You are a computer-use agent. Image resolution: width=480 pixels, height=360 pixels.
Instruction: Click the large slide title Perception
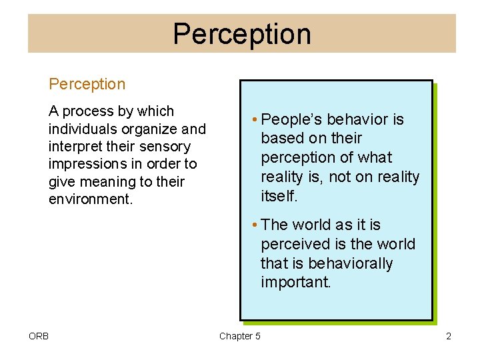point(241,34)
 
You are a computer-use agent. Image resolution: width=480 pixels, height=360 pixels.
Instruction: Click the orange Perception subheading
point(87,84)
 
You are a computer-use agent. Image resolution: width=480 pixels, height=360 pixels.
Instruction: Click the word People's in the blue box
point(288,119)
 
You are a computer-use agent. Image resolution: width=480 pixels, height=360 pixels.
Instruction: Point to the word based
point(281,139)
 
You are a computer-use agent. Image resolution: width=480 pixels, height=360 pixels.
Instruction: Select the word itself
point(279,196)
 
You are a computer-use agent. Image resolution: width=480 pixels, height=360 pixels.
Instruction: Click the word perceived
point(294,244)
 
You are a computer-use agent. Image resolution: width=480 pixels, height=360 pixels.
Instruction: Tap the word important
point(295,282)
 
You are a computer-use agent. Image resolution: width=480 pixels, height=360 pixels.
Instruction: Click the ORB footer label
point(39,336)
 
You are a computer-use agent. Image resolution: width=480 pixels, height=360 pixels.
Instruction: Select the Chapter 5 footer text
point(240,336)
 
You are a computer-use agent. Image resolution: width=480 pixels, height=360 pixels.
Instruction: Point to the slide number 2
point(449,336)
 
